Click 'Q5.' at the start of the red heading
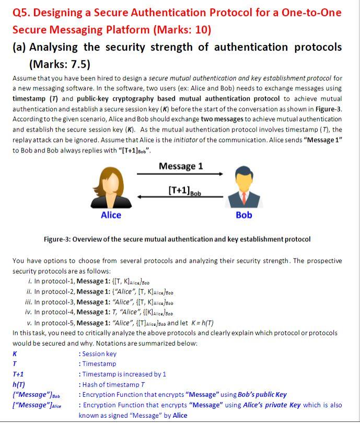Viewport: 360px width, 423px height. coord(23,12)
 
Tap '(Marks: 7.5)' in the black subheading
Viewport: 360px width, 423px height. coord(60,64)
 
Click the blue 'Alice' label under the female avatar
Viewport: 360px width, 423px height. coord(110,215)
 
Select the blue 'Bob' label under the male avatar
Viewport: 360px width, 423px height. coord(244,215)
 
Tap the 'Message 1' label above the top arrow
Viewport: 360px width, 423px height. coord(180,166)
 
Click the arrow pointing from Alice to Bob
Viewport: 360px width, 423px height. coord(180,174)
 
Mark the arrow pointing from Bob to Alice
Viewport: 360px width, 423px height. coord(180,197)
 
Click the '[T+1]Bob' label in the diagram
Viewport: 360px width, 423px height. coord(184,191)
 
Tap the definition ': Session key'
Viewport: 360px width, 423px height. coord(97,354)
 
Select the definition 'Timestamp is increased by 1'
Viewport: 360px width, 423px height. coord(124,374)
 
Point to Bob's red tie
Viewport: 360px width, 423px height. coord(244,197)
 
